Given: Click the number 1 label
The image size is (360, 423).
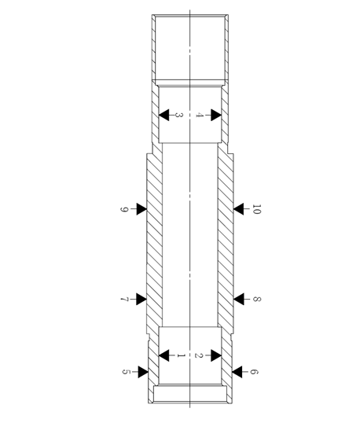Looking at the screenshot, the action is pos(181,356).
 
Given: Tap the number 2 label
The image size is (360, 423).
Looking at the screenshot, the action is pos(199,355).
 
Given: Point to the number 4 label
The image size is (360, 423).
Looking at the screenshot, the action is pos(199,115).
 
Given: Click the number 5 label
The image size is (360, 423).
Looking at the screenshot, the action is pos(127,372).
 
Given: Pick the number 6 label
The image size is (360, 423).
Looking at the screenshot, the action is pos(254,372).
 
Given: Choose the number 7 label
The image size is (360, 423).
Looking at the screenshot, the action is pos(124,300).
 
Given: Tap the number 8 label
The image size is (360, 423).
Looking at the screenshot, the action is pos(257,299).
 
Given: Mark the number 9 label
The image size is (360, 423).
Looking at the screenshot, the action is pos(124,209).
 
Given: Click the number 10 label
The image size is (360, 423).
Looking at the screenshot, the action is pos(257,209).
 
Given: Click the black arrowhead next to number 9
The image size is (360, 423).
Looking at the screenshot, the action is pos(141,209).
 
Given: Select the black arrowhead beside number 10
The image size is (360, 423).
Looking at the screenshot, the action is pos(238,209).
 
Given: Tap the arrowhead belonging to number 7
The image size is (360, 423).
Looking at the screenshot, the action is pos(141,300).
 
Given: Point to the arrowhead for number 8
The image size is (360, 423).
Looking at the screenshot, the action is pos(238,300).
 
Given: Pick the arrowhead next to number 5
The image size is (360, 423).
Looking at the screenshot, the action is pos(143,372).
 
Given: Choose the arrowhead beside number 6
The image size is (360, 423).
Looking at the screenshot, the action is pos(237,372).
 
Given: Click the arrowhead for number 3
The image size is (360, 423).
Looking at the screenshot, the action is pos(164,115).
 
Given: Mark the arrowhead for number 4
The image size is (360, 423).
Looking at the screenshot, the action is pos(216,115).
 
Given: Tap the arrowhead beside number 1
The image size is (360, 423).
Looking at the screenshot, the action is pos(164,355).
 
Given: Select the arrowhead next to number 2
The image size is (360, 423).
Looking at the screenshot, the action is pos(216,355).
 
